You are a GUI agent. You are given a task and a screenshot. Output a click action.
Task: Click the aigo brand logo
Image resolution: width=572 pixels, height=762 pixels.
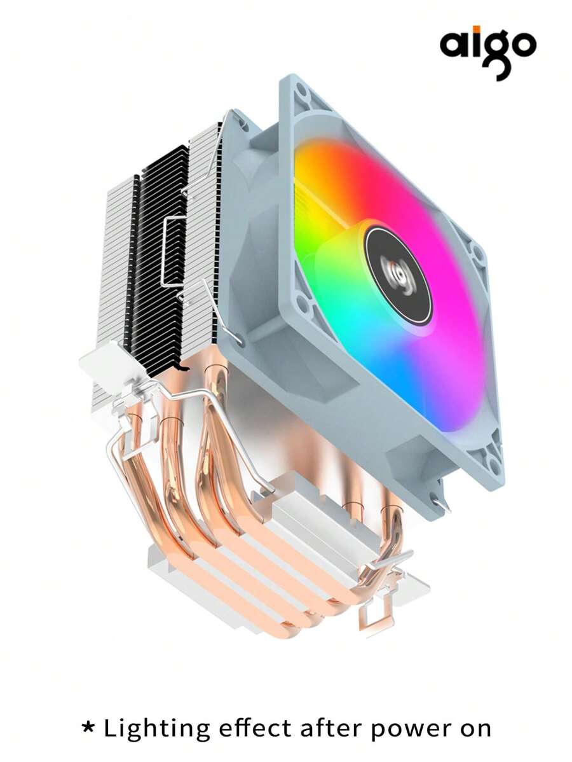[x=487, y=50]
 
